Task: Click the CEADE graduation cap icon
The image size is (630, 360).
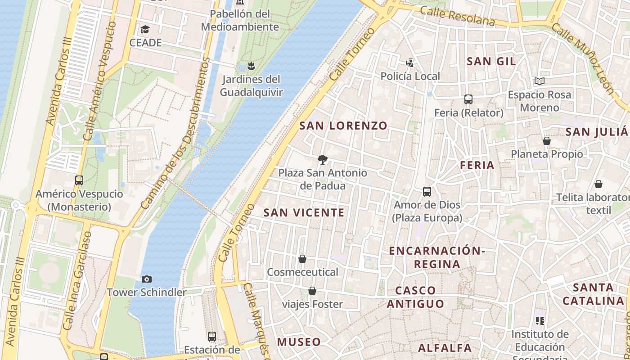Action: [x=145, y=30]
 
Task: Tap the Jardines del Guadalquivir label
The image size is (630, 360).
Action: [x=251, y=86]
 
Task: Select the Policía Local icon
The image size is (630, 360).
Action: [x=409, y=63]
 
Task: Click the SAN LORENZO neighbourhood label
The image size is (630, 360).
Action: [x=343, y=126]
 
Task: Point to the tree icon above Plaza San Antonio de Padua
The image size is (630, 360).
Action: [x=322, y=159]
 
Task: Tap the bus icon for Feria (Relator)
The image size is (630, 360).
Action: [x=468, y=99]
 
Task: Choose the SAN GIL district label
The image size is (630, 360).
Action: [x=491, y=61]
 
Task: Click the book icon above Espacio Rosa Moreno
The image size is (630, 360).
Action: [x=539, y=81]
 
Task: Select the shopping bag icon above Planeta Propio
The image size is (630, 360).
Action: [x=547, y=141]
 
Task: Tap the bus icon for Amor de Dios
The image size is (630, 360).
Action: [x=427, y=192]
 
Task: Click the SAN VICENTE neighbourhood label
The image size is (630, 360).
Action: [x=304, y=212]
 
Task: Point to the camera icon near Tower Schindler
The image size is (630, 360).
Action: [x=146, y=279]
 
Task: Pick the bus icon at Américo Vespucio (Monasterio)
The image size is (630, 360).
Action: [x=79, y=180]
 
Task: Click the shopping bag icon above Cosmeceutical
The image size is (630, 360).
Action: [x=302, y=259]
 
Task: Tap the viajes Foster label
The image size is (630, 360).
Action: [x=312, y=304]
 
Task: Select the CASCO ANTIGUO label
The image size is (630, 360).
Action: [x=415, y=297]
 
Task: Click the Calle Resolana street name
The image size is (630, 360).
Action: [x=457, y=16]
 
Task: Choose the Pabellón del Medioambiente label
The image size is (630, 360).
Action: [x=240, y=20]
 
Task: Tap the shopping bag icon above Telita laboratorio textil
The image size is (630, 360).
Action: [x=598, y=184]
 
